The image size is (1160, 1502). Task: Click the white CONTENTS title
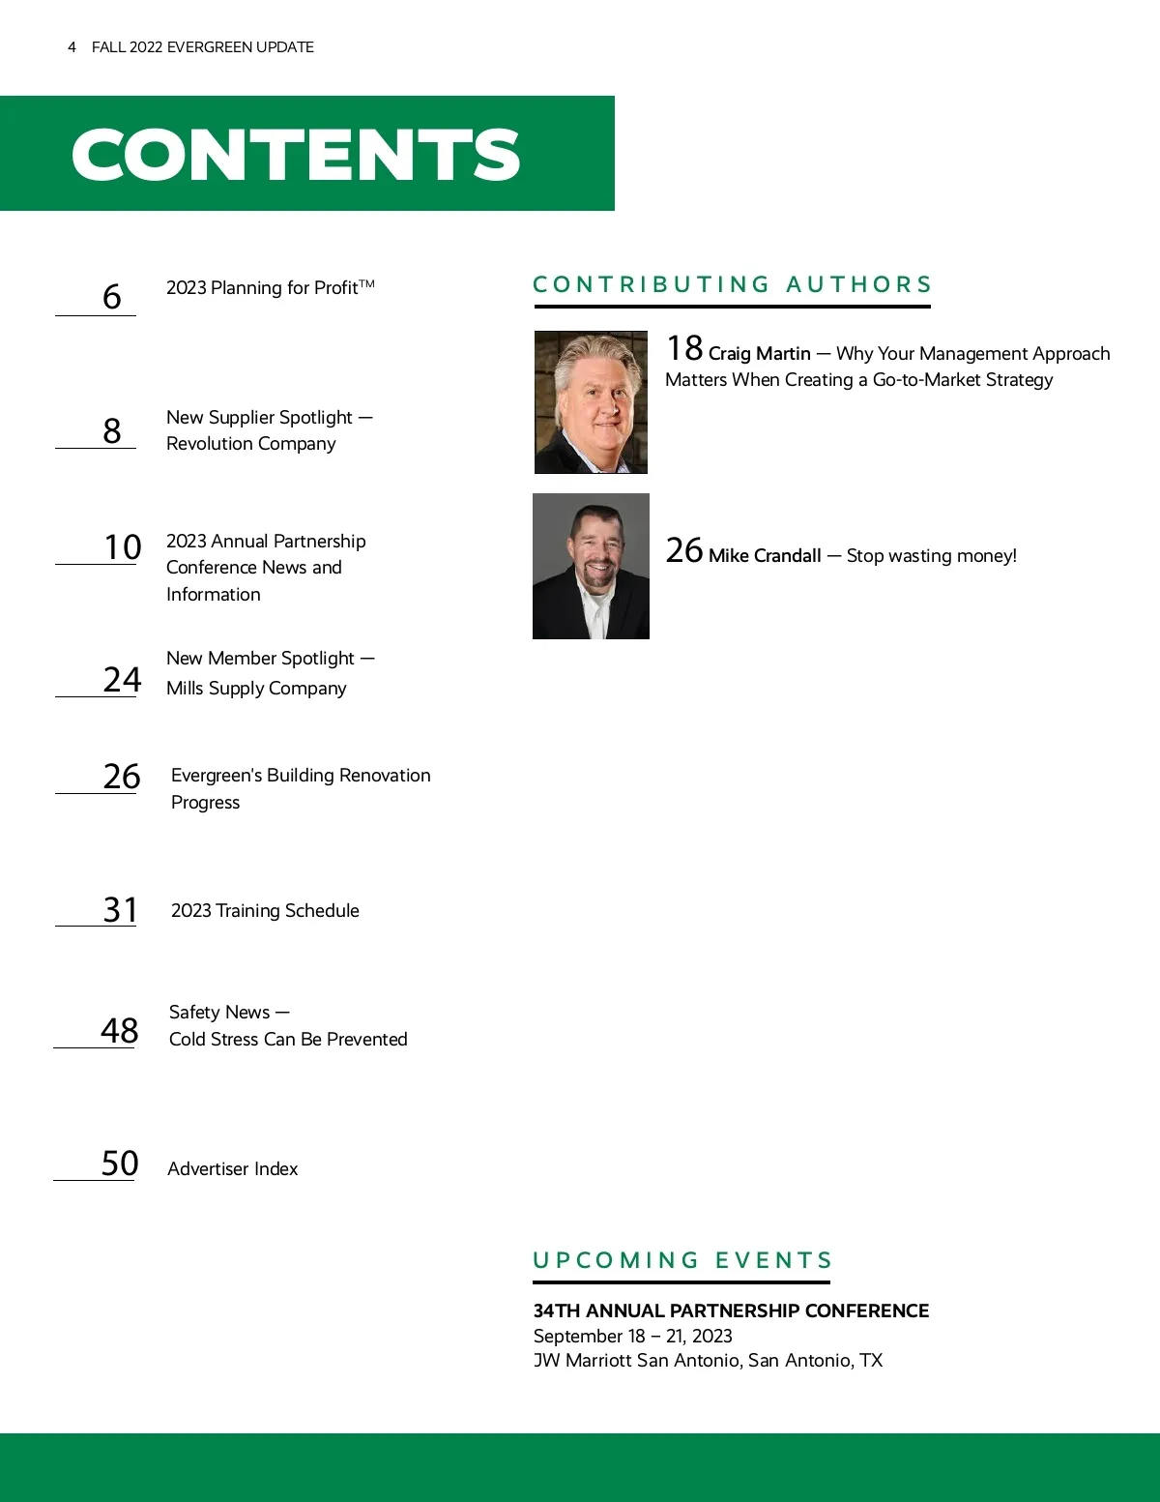(296, 155)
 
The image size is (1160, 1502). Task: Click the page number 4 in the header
(72, 47)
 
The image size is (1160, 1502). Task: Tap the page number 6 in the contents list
(112, 296)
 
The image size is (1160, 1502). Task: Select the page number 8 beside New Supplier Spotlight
(112, 430)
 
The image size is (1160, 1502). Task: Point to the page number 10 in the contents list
(123, 547)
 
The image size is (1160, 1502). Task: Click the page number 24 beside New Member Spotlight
(122, 679)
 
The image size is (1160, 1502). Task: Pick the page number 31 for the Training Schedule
(121, 909)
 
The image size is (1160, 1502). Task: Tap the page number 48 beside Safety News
(120, 1030)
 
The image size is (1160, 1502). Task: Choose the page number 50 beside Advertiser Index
(120, 1163)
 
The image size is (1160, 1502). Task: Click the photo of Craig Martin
(591, 402)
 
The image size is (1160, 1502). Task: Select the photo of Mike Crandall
(591, 566)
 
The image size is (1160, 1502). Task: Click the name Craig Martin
(759, 354)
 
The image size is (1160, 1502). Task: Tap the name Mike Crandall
(765, 556)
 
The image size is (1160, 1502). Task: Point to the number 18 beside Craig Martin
(684, 348)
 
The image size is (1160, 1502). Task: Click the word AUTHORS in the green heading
(858, 284)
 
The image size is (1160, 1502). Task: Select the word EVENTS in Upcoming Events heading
(773, 1260)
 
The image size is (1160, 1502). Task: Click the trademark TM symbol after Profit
(367, 283)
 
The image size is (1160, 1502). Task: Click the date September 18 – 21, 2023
(632, 1336)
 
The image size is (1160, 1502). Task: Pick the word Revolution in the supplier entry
(209, 444)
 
